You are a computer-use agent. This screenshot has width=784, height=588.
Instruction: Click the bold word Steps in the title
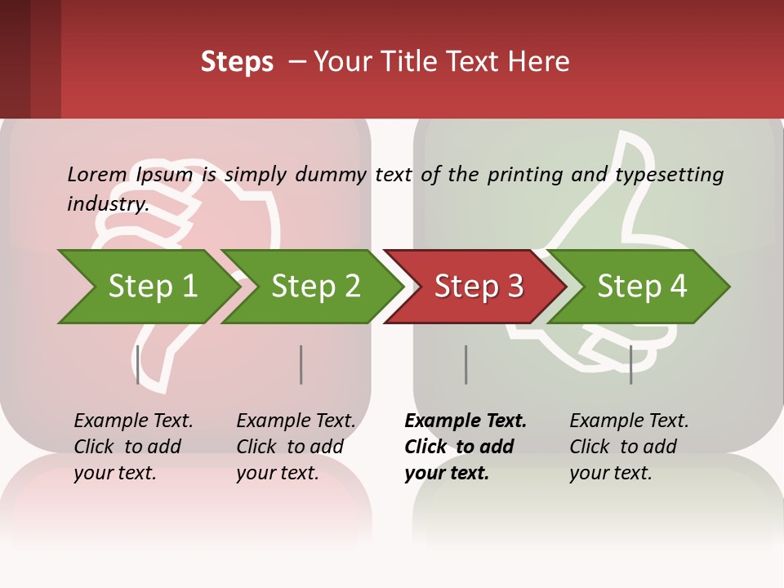pos(237,62)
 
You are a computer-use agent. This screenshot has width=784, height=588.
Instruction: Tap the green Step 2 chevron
pos(315,287)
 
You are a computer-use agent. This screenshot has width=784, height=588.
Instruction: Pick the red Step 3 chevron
pos(478,287)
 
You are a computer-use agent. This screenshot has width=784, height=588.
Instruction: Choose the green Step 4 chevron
pos(642,287)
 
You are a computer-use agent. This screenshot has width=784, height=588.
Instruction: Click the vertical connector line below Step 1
pos(138,364)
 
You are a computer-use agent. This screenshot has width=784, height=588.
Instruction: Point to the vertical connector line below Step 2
pos(301,364)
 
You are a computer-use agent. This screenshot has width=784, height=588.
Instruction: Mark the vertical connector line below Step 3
pos(465,364)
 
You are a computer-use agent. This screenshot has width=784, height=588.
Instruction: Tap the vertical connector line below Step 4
pos(630,364)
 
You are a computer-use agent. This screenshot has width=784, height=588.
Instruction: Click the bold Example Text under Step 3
pos(465,421)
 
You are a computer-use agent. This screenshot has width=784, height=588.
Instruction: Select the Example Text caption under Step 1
pos(133,421)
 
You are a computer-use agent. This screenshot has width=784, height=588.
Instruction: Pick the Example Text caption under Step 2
pos(296,421)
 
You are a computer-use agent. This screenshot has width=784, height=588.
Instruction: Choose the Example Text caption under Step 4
pos(629,421)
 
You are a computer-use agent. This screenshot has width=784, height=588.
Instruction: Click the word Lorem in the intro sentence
pos(97,174)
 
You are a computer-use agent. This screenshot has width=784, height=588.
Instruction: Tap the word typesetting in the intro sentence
pos(669,175)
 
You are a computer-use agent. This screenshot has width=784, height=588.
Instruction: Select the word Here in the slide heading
pos(540,62)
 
